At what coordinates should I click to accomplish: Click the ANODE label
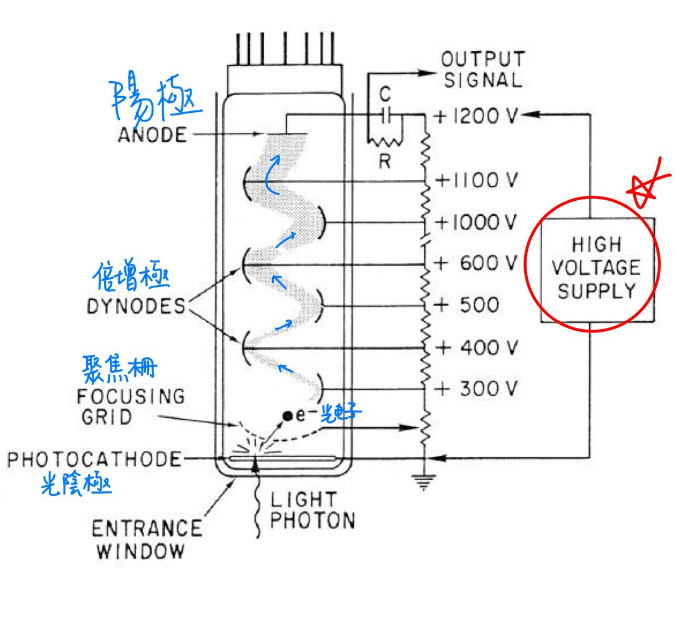pos(152,135)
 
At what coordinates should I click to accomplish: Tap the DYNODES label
pos(136,306)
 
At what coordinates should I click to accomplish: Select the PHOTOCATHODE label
pos(94,460)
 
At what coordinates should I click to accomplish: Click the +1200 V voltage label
pos(476,115)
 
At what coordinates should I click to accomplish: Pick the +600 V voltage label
pos(476,263)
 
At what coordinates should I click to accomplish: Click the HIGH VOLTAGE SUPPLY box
pos(598,270)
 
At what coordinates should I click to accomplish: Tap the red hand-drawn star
pos(647,183)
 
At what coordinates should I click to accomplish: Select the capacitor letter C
pos(385,94)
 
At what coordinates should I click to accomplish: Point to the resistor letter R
pos(385,162)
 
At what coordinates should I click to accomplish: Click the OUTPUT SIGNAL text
pos(483,70)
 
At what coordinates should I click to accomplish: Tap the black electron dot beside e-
pos(287,416)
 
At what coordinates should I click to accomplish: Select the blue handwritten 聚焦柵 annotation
pos(120,369)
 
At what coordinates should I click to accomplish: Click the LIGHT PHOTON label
pos(312,510)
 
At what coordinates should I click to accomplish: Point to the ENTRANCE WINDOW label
pos(147,539)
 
